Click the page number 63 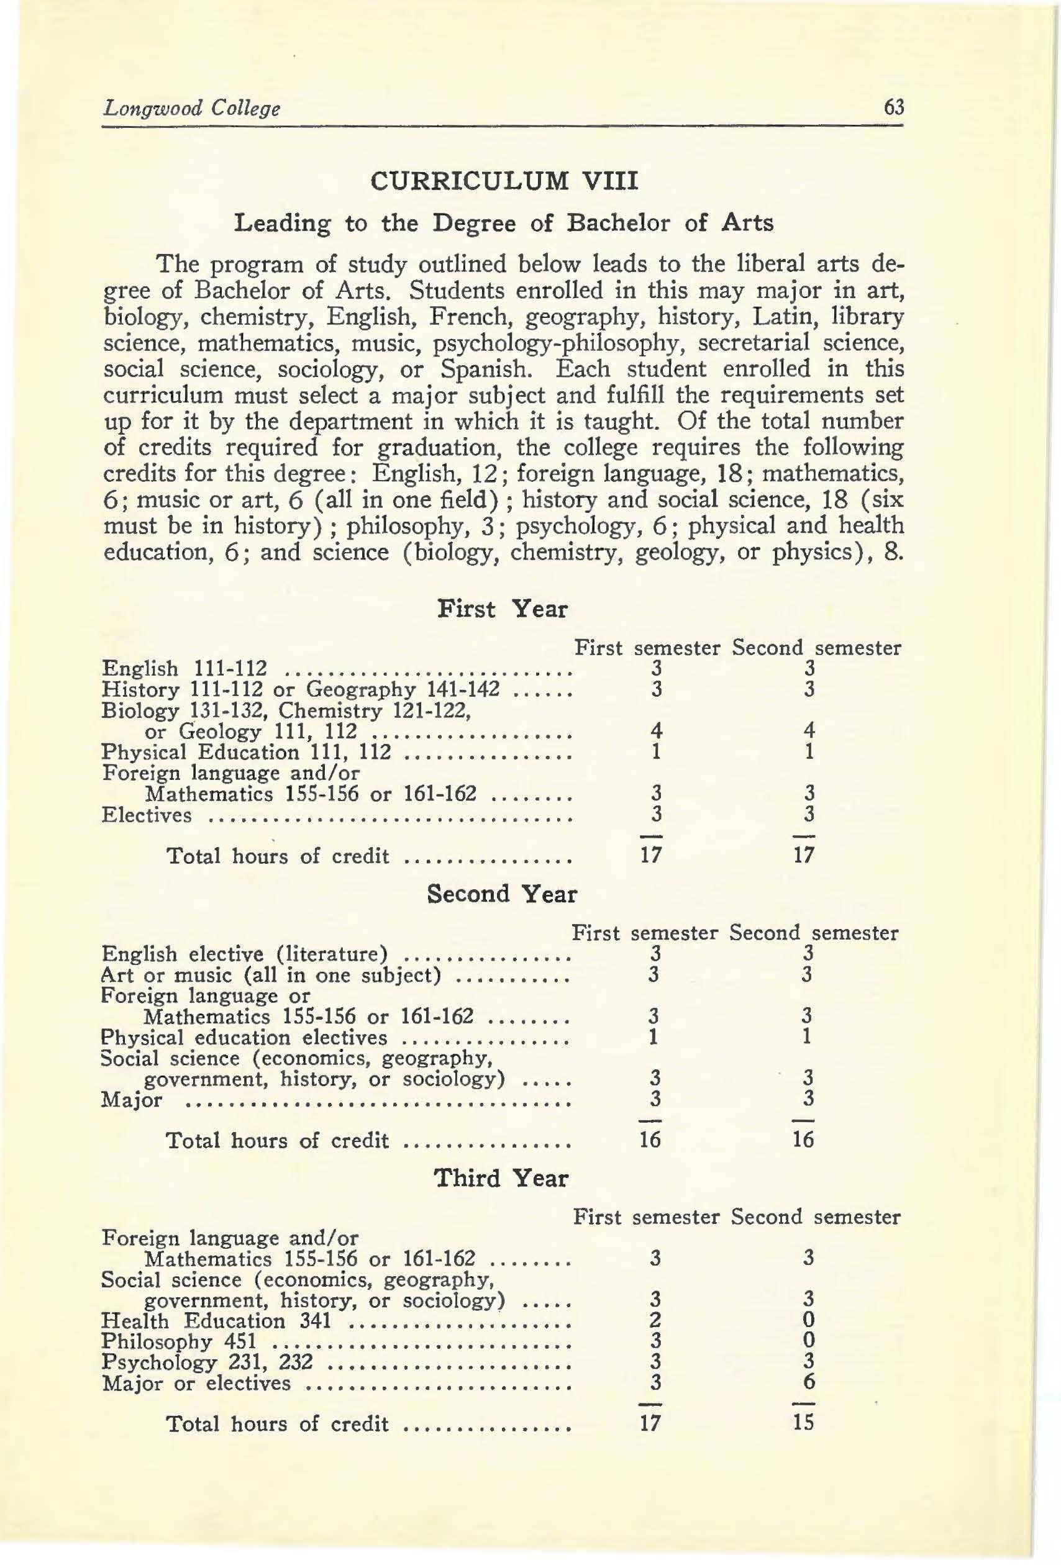pos(893,107)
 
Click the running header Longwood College pos(191,109)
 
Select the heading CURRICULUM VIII pos(504,182)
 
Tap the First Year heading pos(503,609)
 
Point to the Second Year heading pos(503,894)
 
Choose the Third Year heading pos(501,1178)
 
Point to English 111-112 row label pos(184,669)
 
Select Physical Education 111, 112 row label pos(245,752)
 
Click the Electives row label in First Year pos(147,815)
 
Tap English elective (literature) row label pos(245,954)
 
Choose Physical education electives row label pos(244,1038)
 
